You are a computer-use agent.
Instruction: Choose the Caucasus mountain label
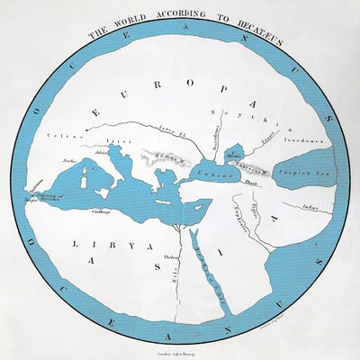tap(256, 167)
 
